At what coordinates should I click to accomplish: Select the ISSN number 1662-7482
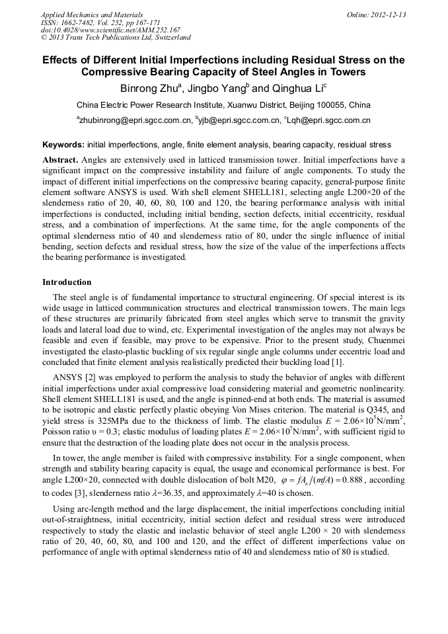[x=81, y=22]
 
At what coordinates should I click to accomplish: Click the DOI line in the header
[x=110, y=30]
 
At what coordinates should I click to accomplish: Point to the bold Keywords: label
[x=63, y=145]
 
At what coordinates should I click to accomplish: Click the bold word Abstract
[x=60, y=160]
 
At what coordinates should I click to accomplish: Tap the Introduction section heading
[x=67, y=282]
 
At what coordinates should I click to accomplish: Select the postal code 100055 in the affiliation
[x=332, y=105]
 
